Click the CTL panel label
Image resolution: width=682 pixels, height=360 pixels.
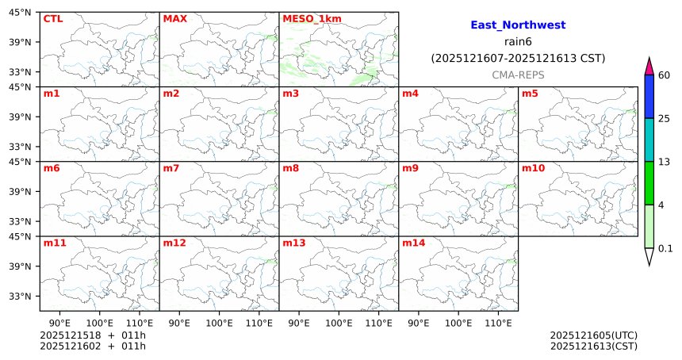(52, 18)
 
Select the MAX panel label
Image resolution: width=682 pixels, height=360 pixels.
(174, 18)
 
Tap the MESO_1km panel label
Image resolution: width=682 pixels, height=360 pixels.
(306, 18)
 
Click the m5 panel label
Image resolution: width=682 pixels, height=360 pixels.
(530, 94)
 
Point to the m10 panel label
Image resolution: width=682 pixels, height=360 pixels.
(533, 168)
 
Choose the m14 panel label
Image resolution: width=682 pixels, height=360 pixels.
(413, 243)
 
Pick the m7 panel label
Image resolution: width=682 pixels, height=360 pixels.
(171, 168)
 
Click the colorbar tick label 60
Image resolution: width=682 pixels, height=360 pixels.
(665, 75)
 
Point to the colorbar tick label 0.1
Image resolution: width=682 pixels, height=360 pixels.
(665, 248)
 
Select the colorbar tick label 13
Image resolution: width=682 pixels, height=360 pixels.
(665, 162)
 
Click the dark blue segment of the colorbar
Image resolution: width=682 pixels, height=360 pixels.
(649, 97)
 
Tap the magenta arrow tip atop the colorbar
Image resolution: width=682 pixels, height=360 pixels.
(649, 67)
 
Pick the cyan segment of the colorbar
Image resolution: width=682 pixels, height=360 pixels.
(649, 140)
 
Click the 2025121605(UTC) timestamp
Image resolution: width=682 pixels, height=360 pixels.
(593, 335)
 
